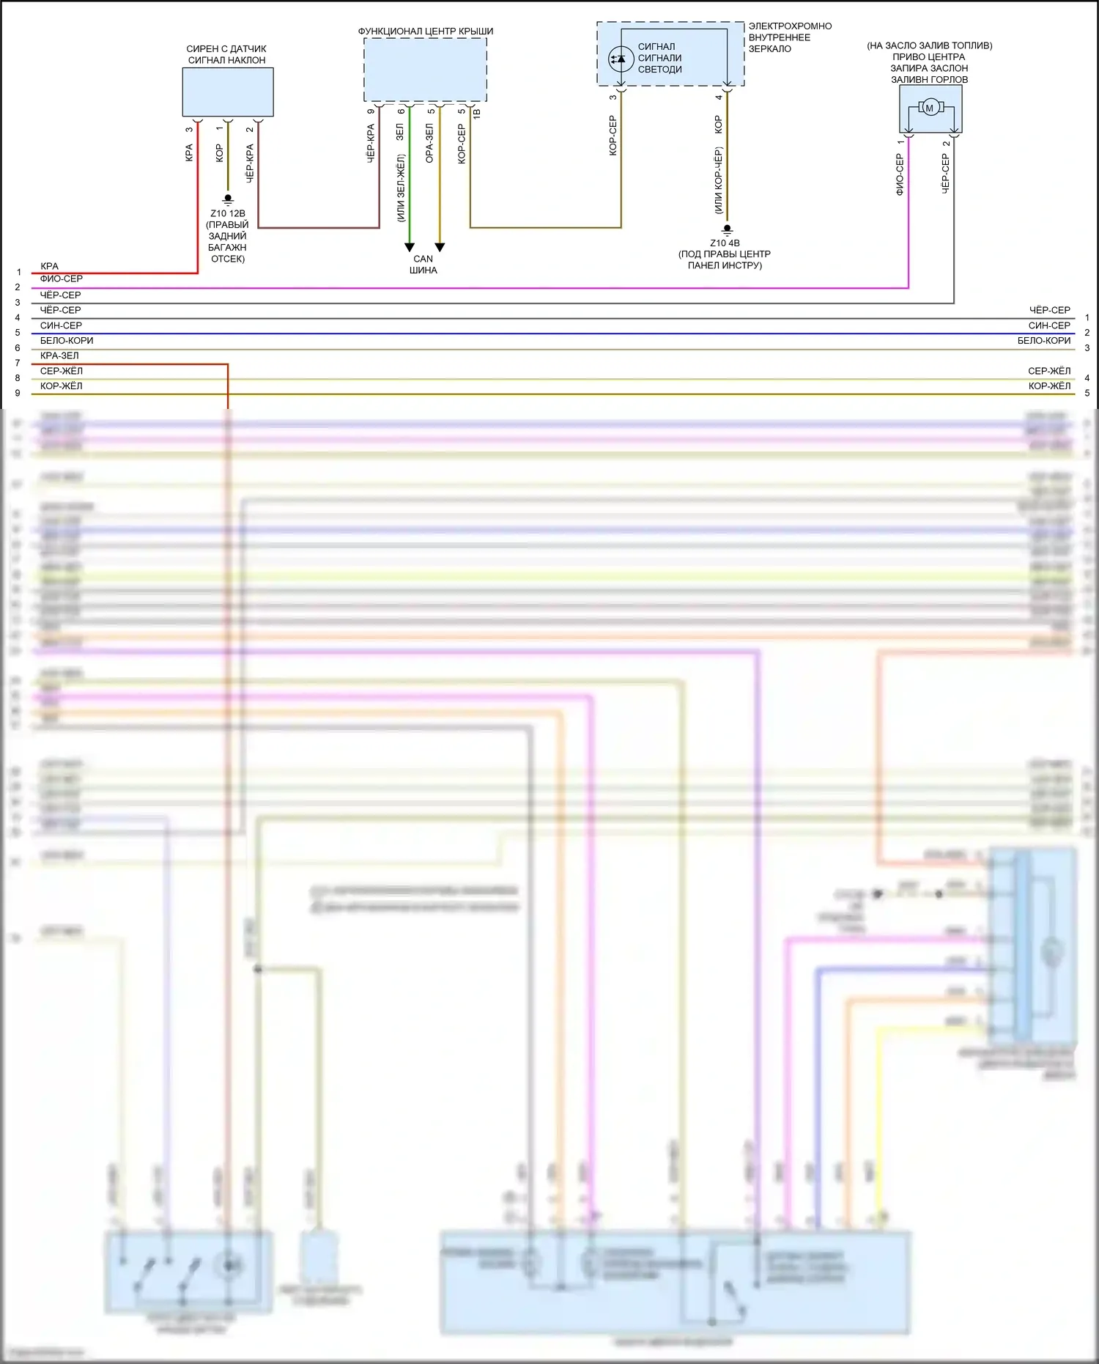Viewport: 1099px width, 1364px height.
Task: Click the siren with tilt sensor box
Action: [228, 92]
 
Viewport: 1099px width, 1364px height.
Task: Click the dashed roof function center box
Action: [425, 70]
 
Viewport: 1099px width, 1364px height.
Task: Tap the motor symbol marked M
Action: [930, 108]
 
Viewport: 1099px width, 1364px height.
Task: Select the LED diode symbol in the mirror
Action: [621, 59]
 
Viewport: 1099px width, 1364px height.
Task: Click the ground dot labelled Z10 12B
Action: [228, 198]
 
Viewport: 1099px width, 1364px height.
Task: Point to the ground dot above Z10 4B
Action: [727, 229]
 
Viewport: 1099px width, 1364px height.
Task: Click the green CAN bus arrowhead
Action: [410, 248]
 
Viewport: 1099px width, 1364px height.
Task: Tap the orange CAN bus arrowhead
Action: [440, 248]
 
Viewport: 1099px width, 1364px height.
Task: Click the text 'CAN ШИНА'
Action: [423, 265]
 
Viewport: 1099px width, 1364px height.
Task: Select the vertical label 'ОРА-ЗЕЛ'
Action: [430, 143]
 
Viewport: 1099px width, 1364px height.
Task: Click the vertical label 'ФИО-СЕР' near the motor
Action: [900, 174]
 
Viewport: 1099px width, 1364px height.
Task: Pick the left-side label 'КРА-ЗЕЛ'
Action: [59, 355]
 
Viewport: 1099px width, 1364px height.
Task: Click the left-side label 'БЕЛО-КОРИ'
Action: [67, 341]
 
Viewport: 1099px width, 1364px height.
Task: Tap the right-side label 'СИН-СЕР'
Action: [1049, 325]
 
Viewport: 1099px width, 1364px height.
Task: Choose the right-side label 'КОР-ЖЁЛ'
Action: [1049, 386]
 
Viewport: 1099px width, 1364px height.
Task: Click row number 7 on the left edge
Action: [18, 364]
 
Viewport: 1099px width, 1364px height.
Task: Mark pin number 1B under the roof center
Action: [477, 114]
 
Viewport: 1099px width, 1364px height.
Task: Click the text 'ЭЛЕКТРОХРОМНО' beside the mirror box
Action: [790, 26]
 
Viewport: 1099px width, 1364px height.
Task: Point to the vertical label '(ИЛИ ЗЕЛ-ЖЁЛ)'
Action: [401, 188]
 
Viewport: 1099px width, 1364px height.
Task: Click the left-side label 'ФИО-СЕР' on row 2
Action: [62, 279]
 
